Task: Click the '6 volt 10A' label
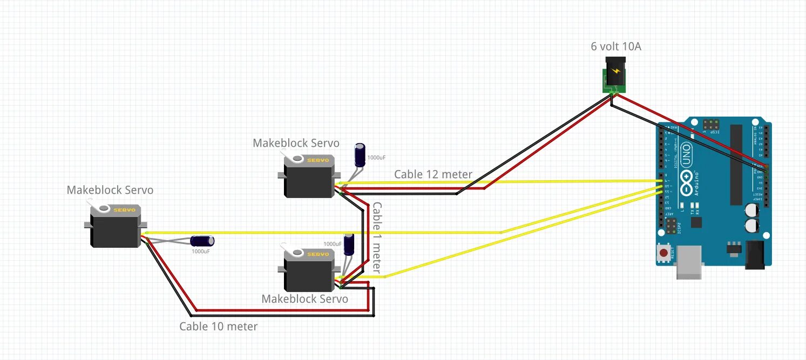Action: click(x=616, y=46)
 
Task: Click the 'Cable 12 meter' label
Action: click(x=433, y=174)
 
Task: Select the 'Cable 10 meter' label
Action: click(x=218, y=326)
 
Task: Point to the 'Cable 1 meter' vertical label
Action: click(x=377, y=237)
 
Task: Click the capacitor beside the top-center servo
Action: click(x=360, y=155)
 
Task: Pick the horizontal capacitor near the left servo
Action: click(x=202, y=241)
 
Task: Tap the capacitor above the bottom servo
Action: click(x=349, y=245)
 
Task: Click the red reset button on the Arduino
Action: click(x=663, y=253)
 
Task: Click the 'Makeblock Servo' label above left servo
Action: click(x=110, y=190)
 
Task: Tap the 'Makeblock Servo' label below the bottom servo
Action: click(x=304, y=298)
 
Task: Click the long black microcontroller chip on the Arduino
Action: click(x=736, y=165)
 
